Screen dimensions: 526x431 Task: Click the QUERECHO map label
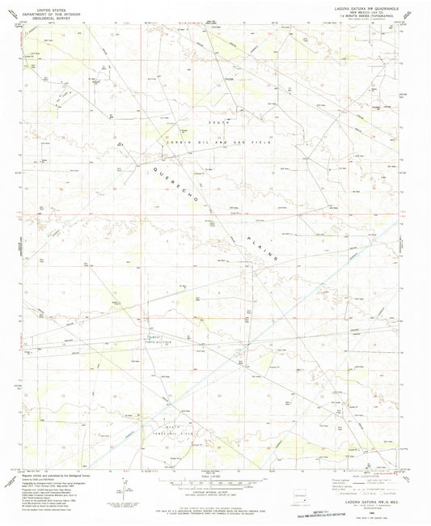click(x=172, y=187)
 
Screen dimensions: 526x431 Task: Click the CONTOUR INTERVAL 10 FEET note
click(x=214, y=492)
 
